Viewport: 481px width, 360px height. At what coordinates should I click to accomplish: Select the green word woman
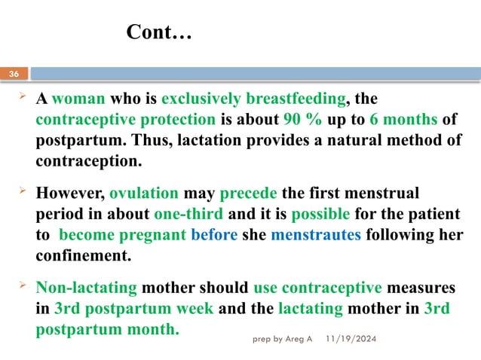(x=80, y=99)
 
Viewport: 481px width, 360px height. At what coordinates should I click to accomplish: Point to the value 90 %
(x=302, y=120)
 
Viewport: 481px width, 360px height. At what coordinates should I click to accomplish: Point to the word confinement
(x=83, y=255)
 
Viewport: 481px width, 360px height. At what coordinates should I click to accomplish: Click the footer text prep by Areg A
(x=281, y=340)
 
